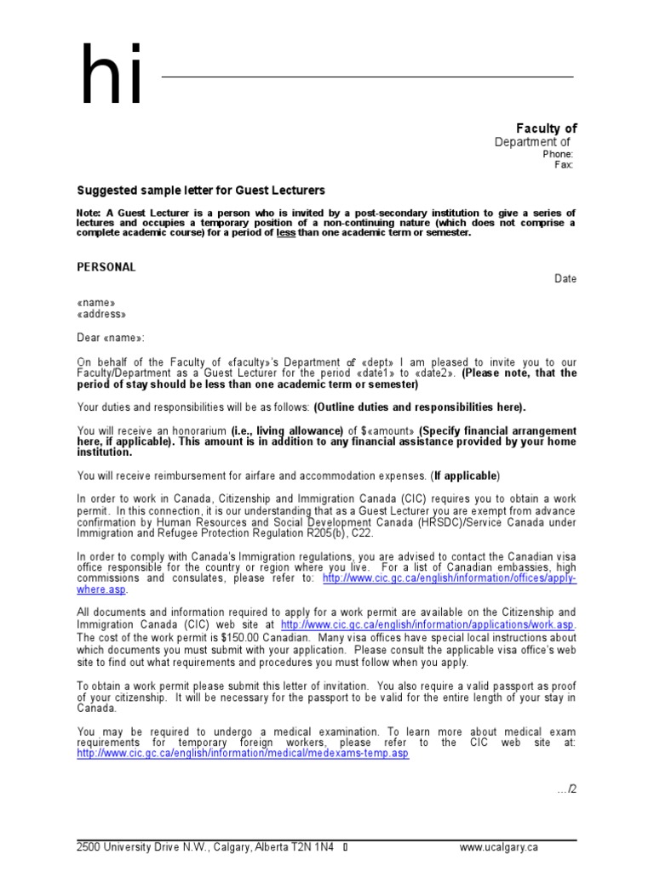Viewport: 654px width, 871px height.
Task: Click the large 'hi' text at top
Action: tap(111, 77)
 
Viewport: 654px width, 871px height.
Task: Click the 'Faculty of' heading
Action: tap(547, 128)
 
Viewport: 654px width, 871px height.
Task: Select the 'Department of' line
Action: tap(532, 142)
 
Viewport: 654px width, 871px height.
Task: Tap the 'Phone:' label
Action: tap(558, 154)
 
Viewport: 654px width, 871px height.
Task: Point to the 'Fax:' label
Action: tap(564, 165)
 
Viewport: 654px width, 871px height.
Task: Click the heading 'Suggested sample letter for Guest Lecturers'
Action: tap(201, 191)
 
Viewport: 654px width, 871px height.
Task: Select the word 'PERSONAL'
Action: tap(106, 267)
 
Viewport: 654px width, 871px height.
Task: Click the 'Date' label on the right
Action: tap(565, 279)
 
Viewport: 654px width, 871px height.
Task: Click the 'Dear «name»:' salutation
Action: tap(112, 337)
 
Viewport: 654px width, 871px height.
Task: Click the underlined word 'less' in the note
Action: tap(286, 232)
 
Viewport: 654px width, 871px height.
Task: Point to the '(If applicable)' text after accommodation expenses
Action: tap(466, 475)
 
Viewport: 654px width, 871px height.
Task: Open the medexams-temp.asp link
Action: tap(243, 754)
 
